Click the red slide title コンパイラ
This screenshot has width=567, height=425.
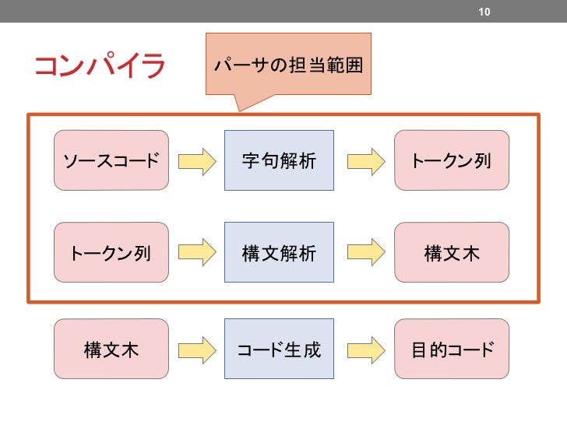[x=100, y=66]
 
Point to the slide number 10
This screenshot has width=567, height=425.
[x=484, y=12]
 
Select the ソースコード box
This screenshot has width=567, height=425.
[x=111, y=160]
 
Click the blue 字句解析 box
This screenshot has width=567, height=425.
[x=279, y=160]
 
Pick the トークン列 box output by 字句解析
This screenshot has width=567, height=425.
[x=452, y=160]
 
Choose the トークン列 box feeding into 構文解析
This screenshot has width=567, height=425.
[x=111, y=252]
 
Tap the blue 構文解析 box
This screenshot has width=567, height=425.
[x=279, y=252]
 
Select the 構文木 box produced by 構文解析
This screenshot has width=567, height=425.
[x=452, y=252]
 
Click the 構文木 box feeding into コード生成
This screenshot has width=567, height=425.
[x=111, y=349]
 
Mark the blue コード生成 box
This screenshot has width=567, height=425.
[x=279, y=349]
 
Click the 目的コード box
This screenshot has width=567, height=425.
[x=452, y=349]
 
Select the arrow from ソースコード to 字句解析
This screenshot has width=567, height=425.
[x=197, y=161]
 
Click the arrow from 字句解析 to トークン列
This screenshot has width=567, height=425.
[x=365, y=161]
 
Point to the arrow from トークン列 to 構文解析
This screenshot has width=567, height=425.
[x=197, y=253]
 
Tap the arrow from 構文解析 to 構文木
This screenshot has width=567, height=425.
[x=365, y=253]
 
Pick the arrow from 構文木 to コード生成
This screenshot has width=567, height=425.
[x=197, y=349]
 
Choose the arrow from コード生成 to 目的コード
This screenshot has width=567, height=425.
[x=365, y=349]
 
